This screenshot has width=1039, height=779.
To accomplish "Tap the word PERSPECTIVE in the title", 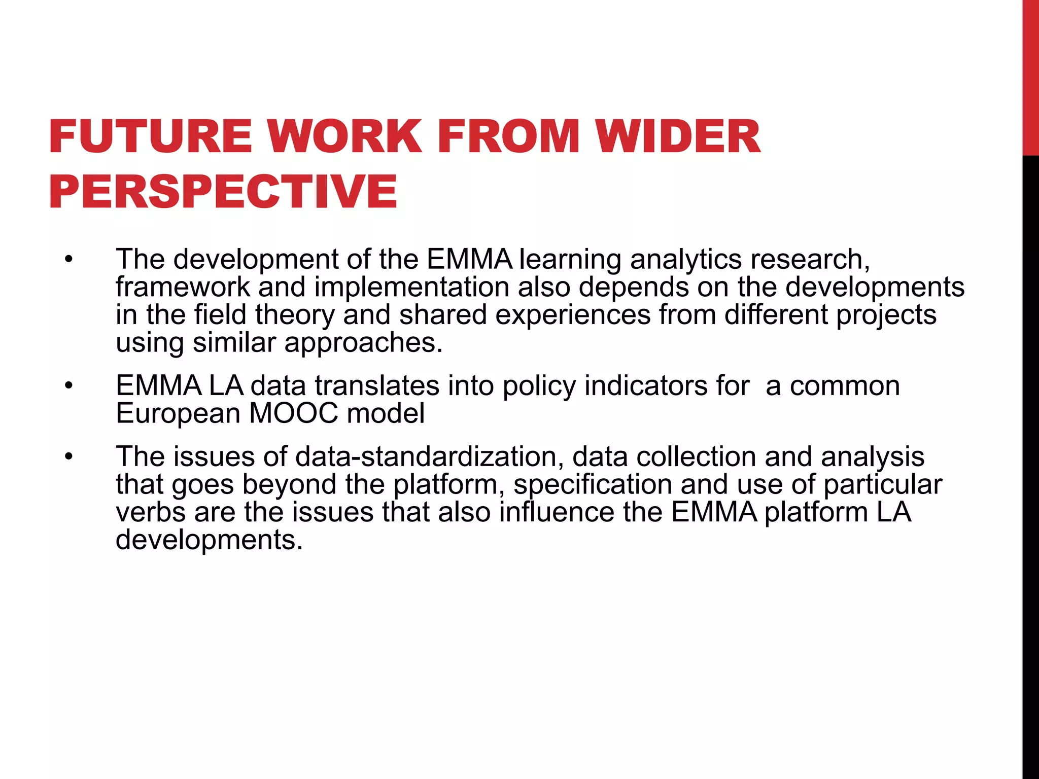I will pyautogui.click(x=223, y=191).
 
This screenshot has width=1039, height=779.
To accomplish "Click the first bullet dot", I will pyautogui.click(x=69, y=260).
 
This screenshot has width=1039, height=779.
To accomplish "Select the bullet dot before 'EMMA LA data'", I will pyautogui.click(x=69, y=386).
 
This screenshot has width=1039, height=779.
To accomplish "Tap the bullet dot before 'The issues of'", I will pyautogui.click(x=69, y=457).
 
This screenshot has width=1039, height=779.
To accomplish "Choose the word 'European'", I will pyautogui.click(x=178, y=413).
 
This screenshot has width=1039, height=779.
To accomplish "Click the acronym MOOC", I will pyautogui.click(x=294, y=413).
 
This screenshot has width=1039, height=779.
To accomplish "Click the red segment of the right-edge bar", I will pyautogui.click(x=1030, y=76).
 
